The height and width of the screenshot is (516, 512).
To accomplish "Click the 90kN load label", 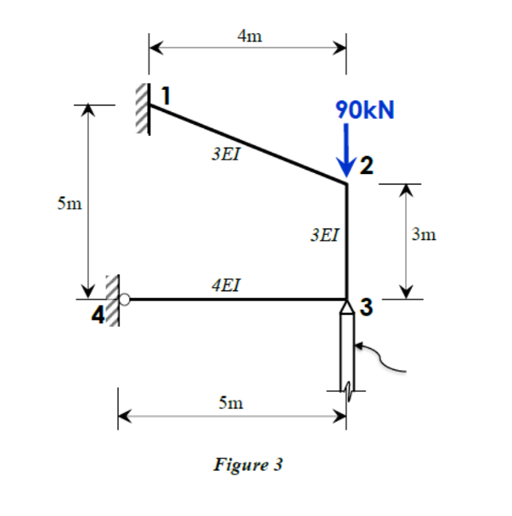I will (x=365, y=111).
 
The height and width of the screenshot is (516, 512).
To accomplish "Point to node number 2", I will (x=365, y=165).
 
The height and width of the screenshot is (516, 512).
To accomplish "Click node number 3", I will (x=366, y=307).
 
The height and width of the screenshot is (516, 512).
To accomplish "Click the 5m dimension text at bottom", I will (x=231, y=404).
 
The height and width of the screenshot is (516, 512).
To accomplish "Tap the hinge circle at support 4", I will (x=125, y=299).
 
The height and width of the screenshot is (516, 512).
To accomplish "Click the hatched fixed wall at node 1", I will (x=142, y=109).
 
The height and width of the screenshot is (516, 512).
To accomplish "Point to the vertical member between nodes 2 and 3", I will (x=346, y=242).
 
